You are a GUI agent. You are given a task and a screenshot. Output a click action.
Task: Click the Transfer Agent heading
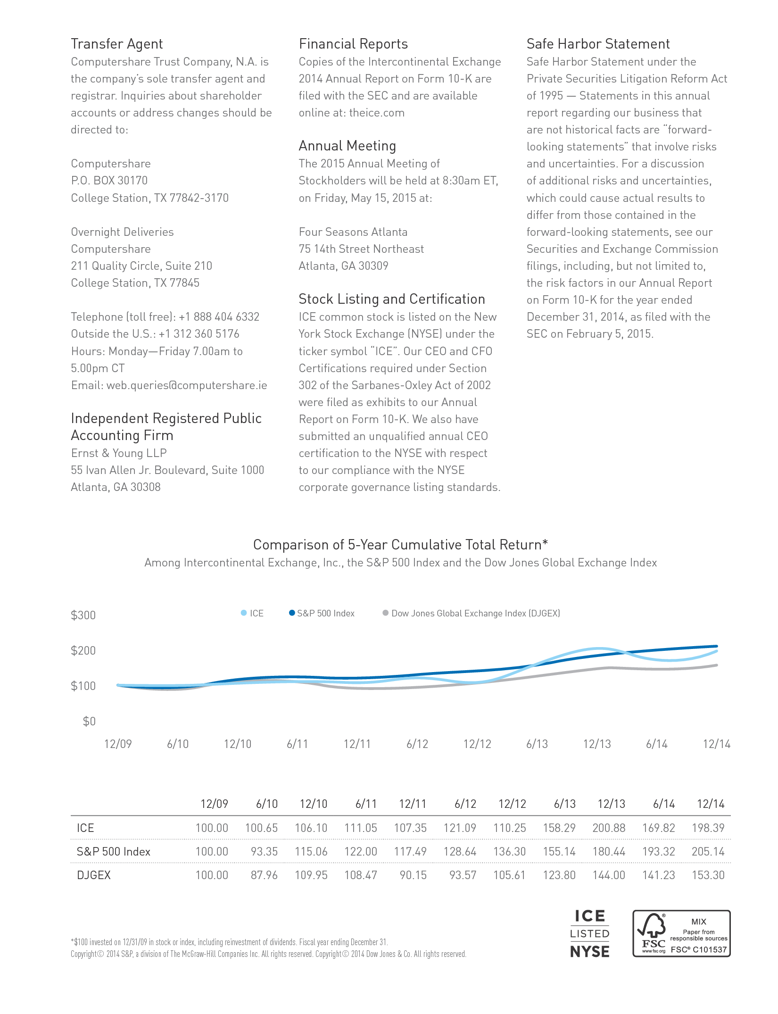(x=117, y=44)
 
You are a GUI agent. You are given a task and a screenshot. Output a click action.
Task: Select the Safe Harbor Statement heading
(x=598, y=44)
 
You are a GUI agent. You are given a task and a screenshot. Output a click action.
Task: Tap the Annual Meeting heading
(x=348, y=146)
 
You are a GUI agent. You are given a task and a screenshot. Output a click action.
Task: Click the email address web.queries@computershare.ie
(x=187, y=385)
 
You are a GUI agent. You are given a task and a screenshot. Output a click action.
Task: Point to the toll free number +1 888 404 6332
(x=219, y=317)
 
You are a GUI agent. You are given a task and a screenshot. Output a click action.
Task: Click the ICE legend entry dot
(x=244, y=613)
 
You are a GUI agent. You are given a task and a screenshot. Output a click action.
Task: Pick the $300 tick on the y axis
(x=83, y=615)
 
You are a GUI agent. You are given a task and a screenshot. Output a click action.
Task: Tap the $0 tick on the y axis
(x=89, y=721)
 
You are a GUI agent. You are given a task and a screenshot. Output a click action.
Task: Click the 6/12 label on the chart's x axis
(x=417, y=744)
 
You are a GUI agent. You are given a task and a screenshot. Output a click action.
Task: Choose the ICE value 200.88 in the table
(x=609, y=828)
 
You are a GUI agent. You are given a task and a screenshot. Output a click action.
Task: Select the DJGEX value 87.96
(x=264, y=875)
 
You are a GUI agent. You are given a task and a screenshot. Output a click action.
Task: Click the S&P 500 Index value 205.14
(x=708, y=851)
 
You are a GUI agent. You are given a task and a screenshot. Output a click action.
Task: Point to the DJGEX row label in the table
(x=94, y=875)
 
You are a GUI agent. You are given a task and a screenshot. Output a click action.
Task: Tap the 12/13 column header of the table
(x=612, y=804)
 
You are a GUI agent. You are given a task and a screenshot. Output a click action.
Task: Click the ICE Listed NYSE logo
(x=590, y=934)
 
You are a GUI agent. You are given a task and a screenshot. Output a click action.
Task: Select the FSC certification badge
(x=681, y=933)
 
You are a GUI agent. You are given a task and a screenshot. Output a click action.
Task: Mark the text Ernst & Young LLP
(x=119, y=453)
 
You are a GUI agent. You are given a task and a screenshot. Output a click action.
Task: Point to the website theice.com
(x=377, y=113)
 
